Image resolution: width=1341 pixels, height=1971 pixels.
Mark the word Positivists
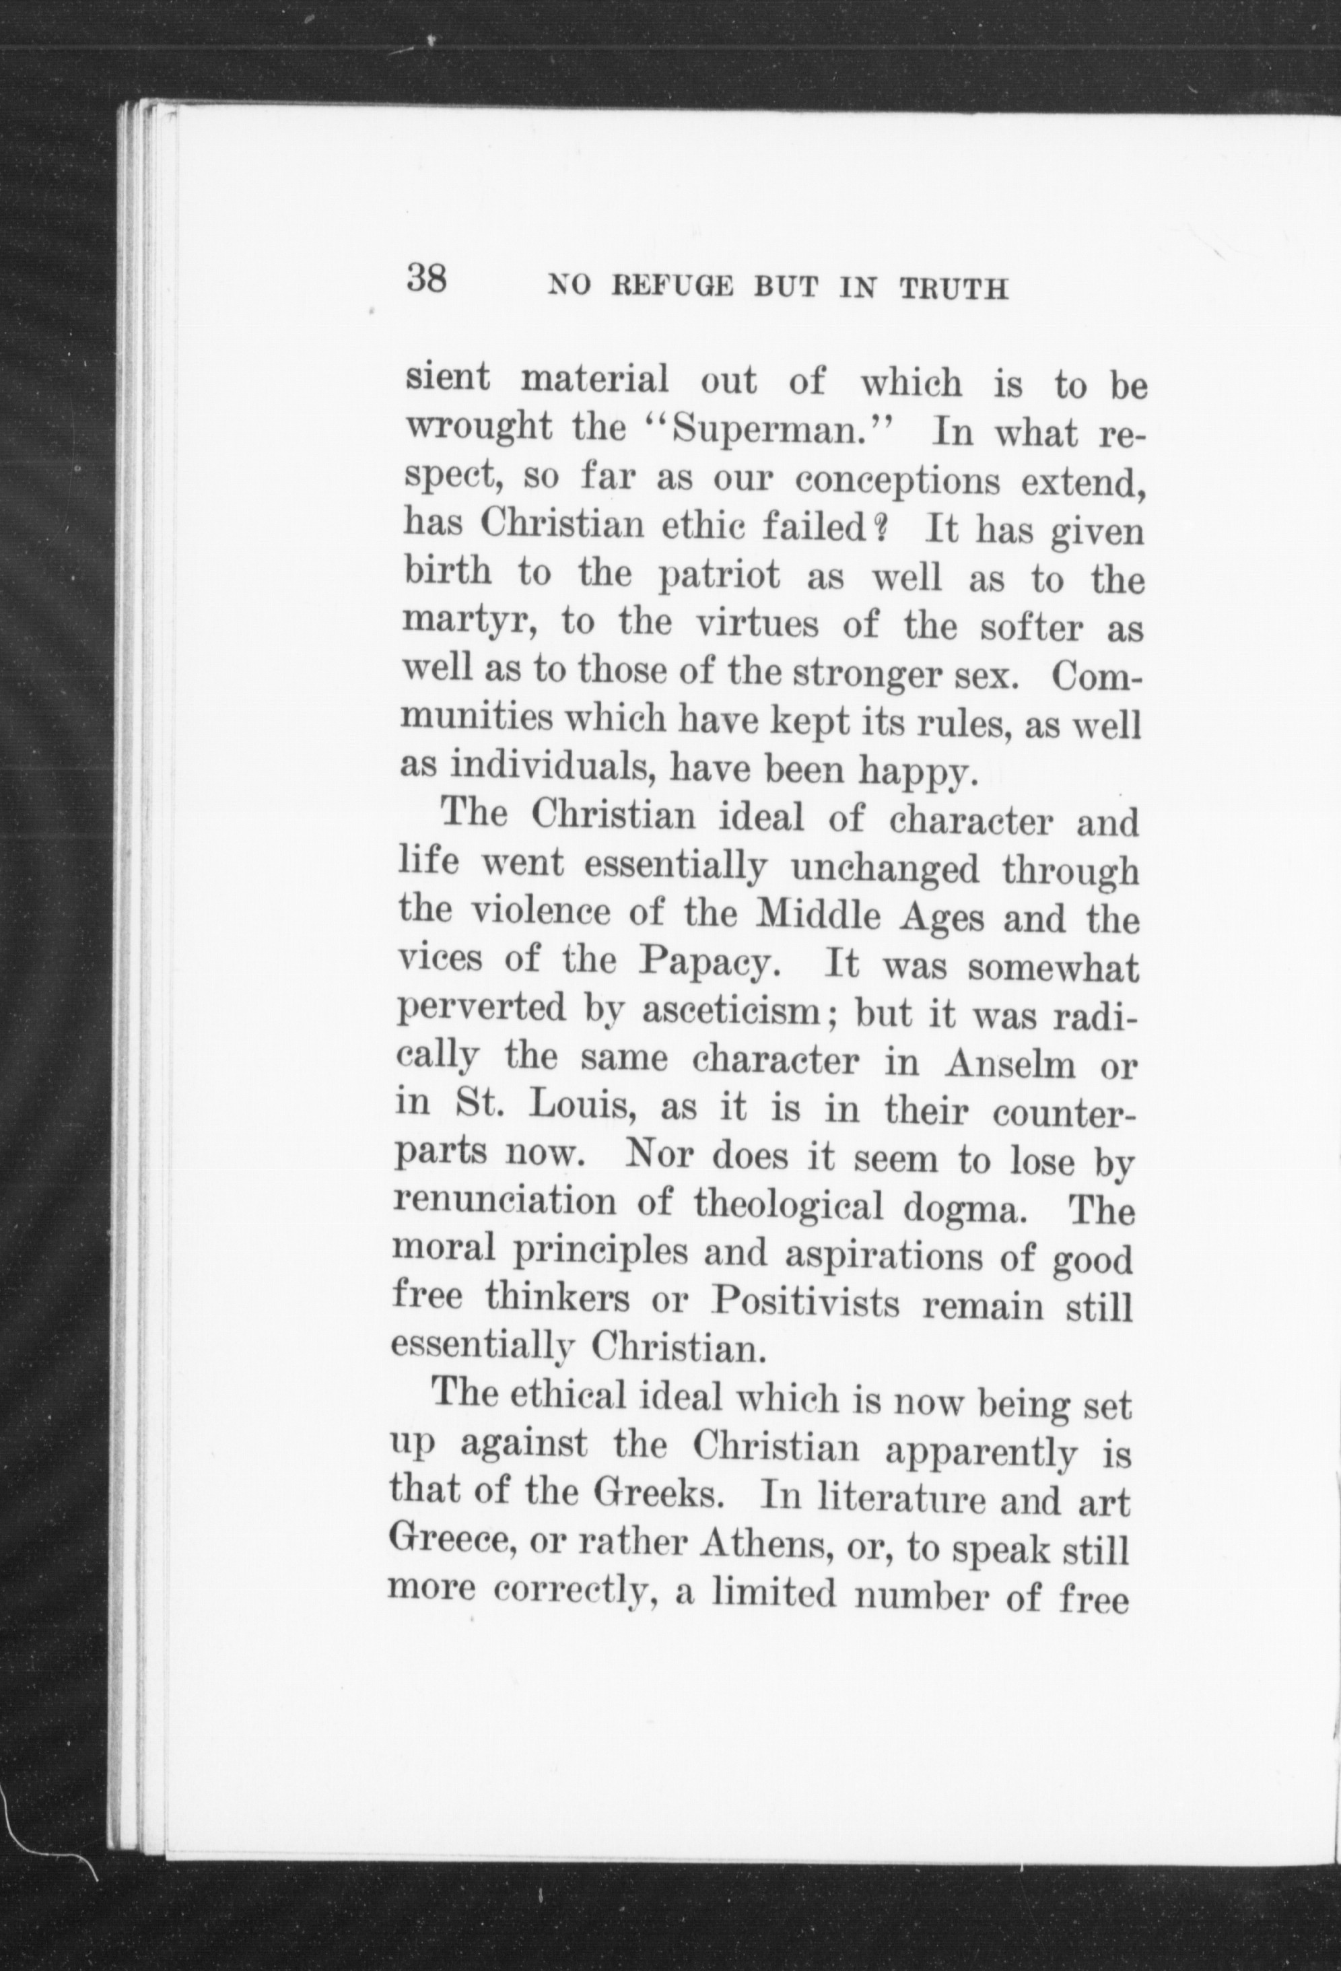804,1303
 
